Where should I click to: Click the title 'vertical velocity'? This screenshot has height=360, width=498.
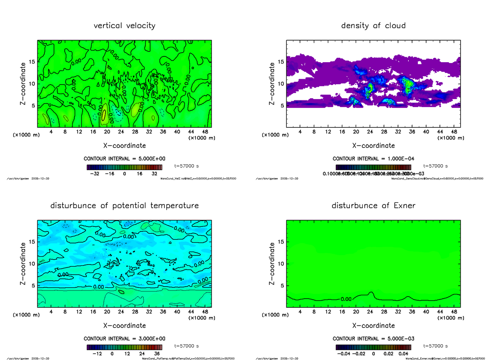(x=124, y=26)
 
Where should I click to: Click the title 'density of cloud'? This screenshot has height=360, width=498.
(x=373, y=26)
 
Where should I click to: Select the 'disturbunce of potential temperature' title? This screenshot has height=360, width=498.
(x=124, y=206)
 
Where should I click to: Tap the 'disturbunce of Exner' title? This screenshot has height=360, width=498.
(x=373, y=206)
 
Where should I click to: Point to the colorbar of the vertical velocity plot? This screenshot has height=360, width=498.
(x=124, y=167)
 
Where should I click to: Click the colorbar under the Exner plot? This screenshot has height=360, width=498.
(x=373, y=347)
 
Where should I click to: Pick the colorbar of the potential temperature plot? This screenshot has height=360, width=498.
(x=124, y=347)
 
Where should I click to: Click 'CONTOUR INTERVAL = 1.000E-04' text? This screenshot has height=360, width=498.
(x=373, y=159)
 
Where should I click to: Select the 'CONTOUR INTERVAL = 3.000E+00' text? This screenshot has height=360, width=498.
(x=124, y=339)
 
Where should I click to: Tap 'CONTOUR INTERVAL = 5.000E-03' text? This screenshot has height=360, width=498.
(x=373, y=339)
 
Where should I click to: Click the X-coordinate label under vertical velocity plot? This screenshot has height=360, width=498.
(x=124, y=146)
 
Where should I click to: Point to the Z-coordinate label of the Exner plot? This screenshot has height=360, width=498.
(x=272, y=264)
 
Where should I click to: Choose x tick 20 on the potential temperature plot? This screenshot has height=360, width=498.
(x=107, y=312)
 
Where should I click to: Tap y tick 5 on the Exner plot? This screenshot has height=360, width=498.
(x=281, y=285)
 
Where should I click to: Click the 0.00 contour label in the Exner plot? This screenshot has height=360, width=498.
(x=346, y=299)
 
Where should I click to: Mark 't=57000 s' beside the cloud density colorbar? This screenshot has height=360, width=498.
(x=436, y=166)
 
